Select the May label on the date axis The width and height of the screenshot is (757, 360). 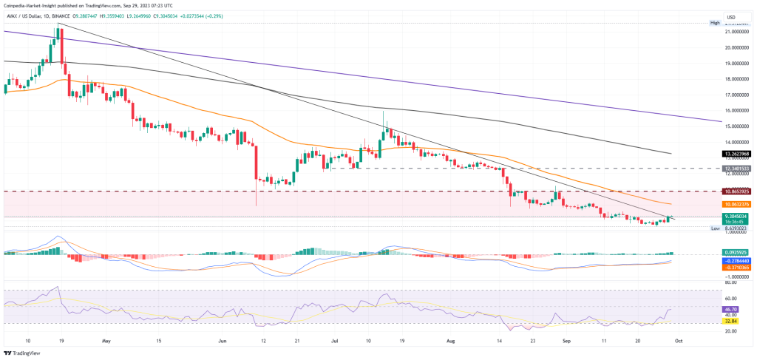tap(106, 342)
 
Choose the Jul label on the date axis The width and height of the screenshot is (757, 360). tap(333, 342)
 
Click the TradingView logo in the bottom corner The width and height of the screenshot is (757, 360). tap(24, 353)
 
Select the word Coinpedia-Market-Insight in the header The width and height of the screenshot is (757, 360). tap(38, 5)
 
